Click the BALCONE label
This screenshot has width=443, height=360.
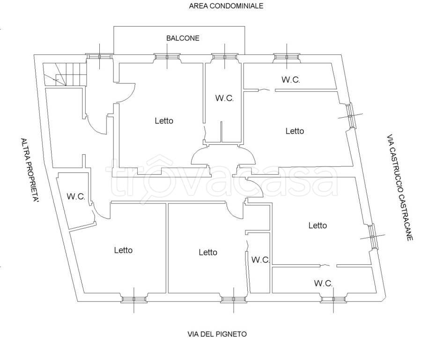pyautogui.click(x=183, y=38)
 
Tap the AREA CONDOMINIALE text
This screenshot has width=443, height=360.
pyautogui.click(x=226, y=6)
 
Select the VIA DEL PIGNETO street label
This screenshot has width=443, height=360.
pyautogui.click(x=217, y=334)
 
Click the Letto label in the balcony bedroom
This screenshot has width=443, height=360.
pyautogui.click(x=164, y=121)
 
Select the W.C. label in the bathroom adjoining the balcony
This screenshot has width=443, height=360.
pyautogui.click(x=224, y=98)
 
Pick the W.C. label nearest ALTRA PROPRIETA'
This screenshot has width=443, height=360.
pyautogui.click(x=76, y=197)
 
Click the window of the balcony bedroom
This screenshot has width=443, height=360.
pyautogui.click(x=168, y=57)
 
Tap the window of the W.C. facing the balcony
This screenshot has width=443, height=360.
pyautogui.click(x=225, y=57)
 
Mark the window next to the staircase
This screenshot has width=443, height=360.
pyautogui.click(x=100, y=56)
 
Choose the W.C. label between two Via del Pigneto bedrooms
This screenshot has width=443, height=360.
pyautogui.click(x=260, y=260)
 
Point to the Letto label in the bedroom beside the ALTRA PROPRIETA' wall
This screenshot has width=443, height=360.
pyautogui.click(x=123, y=250)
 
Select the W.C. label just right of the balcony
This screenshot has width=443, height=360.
pyautogui.click(x=291, y=80)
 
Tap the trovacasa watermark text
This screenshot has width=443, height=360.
pyautogui.click(x=220, y=178)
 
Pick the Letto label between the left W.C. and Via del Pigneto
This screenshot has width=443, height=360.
pyautogui.click(x=123, y=250)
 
